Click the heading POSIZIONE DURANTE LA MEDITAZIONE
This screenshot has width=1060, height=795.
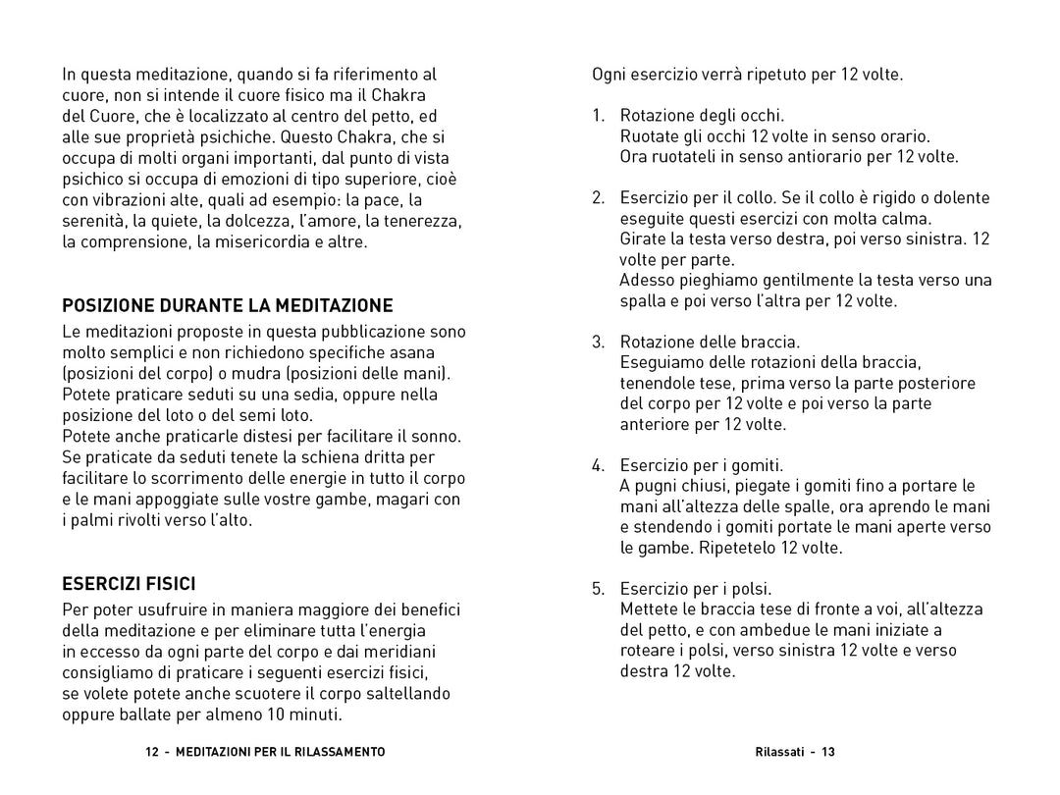pos(228,305)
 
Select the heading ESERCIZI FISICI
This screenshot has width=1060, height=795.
pos(130,583)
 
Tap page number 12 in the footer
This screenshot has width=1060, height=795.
pos(151,752)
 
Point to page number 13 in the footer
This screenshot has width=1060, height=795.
pos(828,752)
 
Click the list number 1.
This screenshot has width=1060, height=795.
pos(598,116)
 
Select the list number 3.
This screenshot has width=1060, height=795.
pos(598,342)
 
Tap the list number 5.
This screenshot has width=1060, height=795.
pos(598,589)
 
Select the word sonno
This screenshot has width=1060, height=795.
pos(436,436)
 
